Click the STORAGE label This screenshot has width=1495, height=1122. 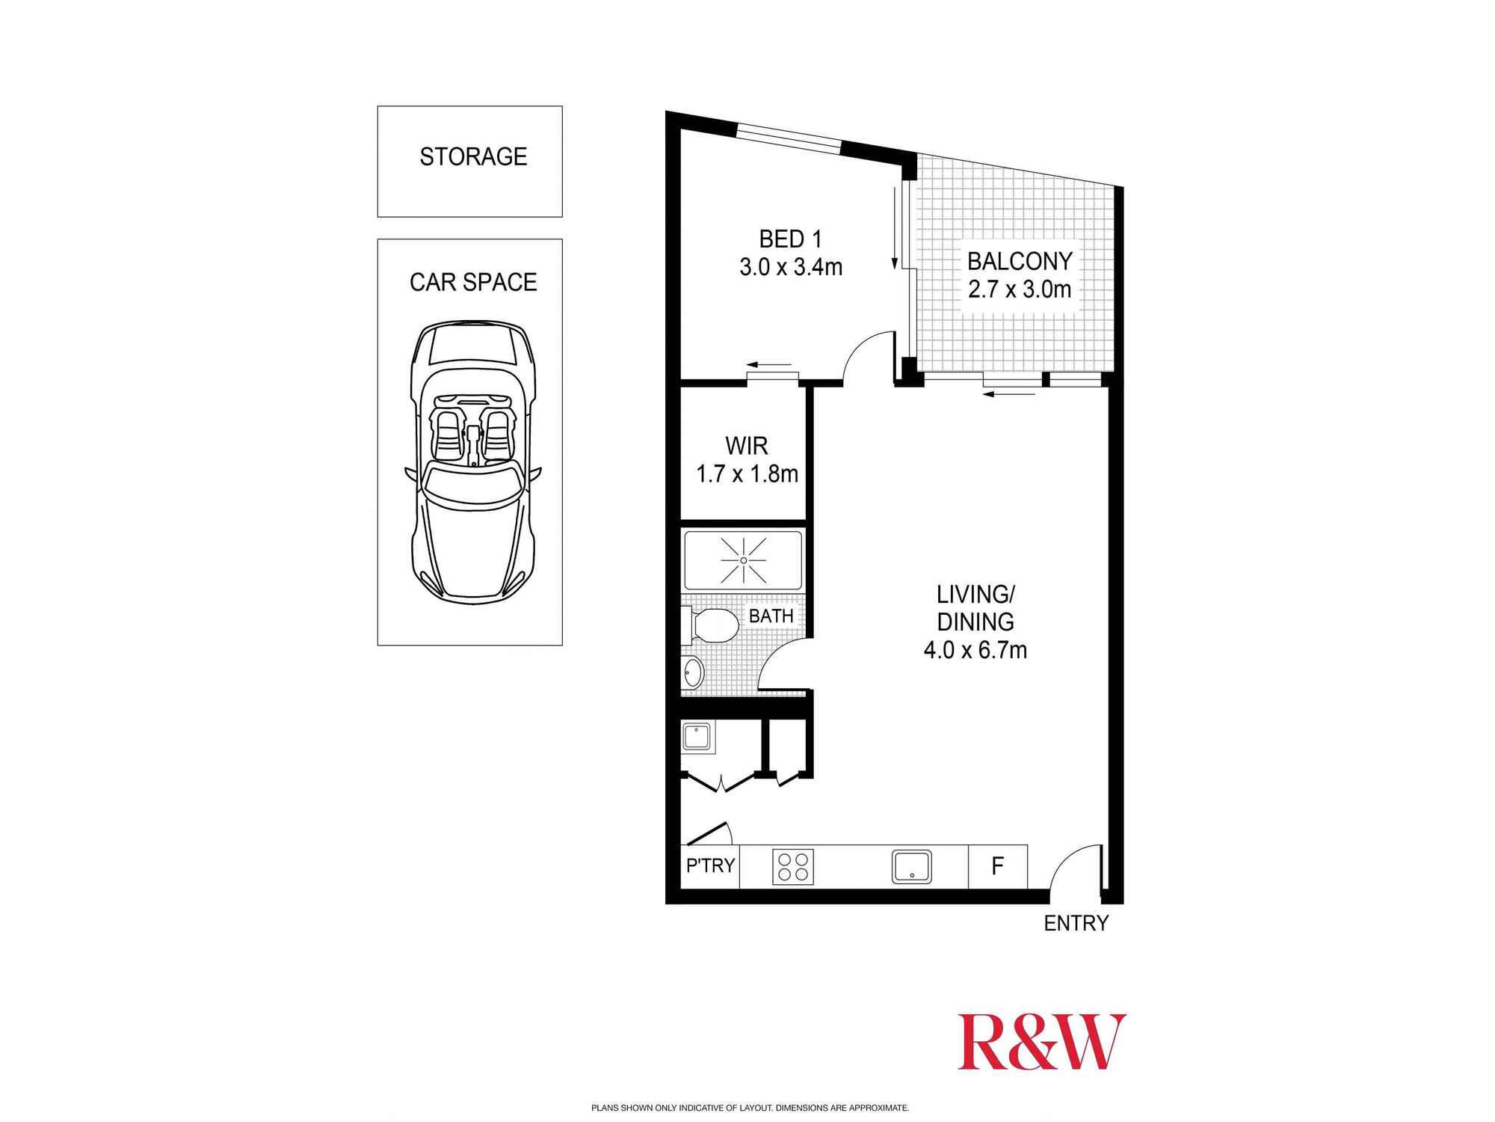pyautogui.click(x=473, y=157)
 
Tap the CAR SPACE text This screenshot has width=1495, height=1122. pyautogui.click(x=473, y=282)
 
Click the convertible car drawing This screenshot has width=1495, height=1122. pyautogui.click(x=472, y=462)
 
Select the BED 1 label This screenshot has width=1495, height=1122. pyautogui.click(x=790, y=239)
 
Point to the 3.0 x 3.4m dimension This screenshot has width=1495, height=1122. pyautogui.click(x=791, y=267)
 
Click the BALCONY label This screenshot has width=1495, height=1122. pyautogui.click(x=1020, y=261)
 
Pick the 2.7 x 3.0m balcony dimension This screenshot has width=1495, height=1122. pyautogui.click(x=1020, y=289)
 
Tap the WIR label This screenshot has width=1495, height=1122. pyautogui.click(x=747, y=446)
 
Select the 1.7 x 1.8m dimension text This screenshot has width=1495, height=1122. pyautogui.click(x=747, y=474)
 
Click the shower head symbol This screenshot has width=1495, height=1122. pyautogui.click(x=743, y=560)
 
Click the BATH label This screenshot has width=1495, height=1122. pyautogui.click(x=771, y=616)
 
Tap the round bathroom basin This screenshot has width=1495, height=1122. pyautogui.click(x=693, y=672)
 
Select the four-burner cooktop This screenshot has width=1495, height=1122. pyautogui.click(x=792, y=867)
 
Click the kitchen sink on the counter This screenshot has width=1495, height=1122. pyautogui.click(x=911, y=867)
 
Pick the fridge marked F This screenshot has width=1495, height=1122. pyautogui.click(x=997, y=866)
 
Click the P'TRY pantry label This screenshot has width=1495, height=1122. pyautogui.click(x=710, y=865)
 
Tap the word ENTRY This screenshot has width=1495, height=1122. pyautogui.click(x=1076, y=924)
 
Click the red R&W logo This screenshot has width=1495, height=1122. pyautogui.click(x=1041, y=1042)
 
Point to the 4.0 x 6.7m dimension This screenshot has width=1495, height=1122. pyautogui.click(x=975, y=650)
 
